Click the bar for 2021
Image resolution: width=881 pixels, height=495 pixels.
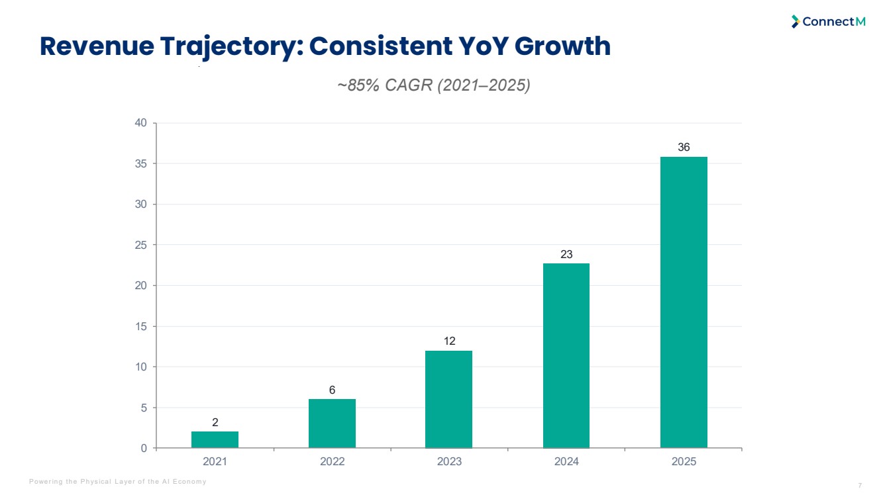pyautogui.click(x=215, y=439)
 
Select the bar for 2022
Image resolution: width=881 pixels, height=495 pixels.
pyautogui.click(x=332, y=424)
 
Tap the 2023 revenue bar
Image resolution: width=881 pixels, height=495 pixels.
pyautogui.click(x=448, y=400)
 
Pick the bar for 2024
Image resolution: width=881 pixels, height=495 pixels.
pyautogui.click(x=566, y=355)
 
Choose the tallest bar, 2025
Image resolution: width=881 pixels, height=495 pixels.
pyautogui.click(x=684, y=302)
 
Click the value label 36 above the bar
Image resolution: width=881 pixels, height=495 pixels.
pyautogui.click(x=684, y=147)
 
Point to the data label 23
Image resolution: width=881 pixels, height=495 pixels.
pyautogui.click(x=566, y=254)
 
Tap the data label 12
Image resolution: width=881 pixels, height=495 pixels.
pyautogui.click(x=449, y=341)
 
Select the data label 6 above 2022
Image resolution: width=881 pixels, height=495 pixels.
pyautogui.click(x=332, y=390)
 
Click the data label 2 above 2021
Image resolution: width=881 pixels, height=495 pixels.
pyautogui.click(x=215, y=422)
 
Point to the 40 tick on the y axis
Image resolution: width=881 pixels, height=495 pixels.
pyautogui.click(x=140, y=123)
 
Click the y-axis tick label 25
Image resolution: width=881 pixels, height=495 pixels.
pyautogui.click(x=140, y=245)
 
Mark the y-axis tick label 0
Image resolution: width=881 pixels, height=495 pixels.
pyautogui.click(x=144, y=448)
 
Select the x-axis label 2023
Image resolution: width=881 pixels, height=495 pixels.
pyautogui.click(x=449, y=461)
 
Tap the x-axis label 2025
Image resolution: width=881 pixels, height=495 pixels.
pyautogui.click(x=684, y=461)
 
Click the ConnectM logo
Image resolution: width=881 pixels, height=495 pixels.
pyautogui.click(x=828, y=22)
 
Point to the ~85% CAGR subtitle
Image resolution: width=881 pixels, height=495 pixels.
pyautogui.click(x=434, y=85)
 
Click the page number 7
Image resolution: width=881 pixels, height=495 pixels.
pyautogui.click(x=860, y=486)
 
